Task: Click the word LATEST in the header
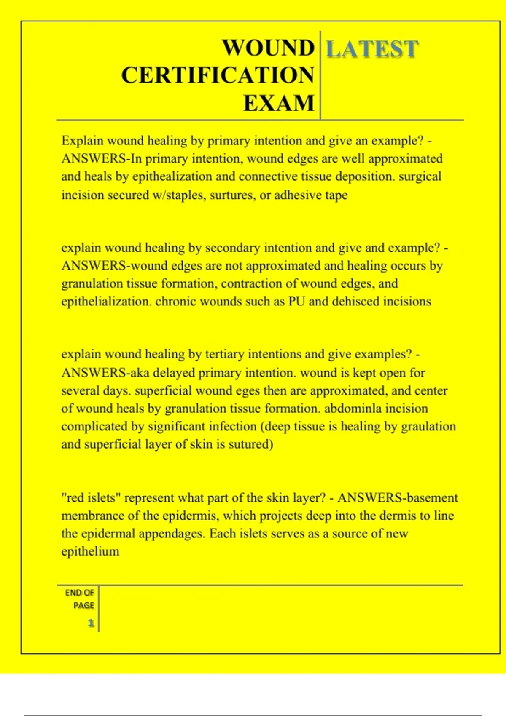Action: (x=372, y=49)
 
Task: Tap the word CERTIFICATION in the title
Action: (x=218, y=75)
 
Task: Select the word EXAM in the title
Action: (x=279, y=103)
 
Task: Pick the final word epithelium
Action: (x=90, y=552)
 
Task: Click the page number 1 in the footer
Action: (x=91, y=623)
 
